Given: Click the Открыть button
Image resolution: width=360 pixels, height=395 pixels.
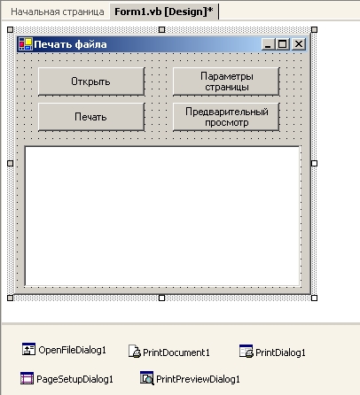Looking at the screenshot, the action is [x=91, y=81].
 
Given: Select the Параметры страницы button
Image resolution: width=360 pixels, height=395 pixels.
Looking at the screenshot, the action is [x=226, y=81].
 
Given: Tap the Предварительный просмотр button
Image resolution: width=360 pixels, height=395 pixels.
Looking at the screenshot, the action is [x=226, y=117].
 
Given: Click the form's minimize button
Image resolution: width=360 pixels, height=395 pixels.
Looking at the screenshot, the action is [x=268, y=44].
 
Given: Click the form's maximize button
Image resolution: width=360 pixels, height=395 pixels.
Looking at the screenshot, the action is [x=283, y=44].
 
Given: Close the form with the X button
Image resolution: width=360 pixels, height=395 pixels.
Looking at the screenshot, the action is [x=299, y=44].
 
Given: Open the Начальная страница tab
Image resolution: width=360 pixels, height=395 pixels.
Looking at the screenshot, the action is [x=58, y=12].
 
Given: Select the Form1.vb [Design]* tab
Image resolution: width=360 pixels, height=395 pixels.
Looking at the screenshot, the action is [x=164, y=12].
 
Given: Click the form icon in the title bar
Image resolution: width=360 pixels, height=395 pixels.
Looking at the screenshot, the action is [x=26, y=44].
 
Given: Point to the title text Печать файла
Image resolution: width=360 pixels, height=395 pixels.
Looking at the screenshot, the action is [x=70, y=44].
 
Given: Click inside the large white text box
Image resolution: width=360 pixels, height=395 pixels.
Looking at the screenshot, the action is [x=162, y=216].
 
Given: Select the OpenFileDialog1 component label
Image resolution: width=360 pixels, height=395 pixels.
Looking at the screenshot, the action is [x=72, y=350].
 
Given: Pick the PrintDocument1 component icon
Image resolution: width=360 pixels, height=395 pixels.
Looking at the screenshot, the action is [x=135, y=352].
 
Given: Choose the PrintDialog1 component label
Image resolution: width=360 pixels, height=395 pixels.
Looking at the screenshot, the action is [x=280, y=352].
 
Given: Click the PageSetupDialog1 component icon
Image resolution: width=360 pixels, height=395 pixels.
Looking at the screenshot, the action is [x=27, y=378].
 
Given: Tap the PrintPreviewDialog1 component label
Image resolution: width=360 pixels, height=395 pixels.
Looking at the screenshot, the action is [x=198, y=379].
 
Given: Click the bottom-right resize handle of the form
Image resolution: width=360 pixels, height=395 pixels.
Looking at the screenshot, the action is [x=314, y=298].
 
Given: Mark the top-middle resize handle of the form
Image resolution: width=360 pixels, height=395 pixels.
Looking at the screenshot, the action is [x=161, y=29].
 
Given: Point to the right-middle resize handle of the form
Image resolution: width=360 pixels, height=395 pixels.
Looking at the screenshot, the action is [x=314, y=163].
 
